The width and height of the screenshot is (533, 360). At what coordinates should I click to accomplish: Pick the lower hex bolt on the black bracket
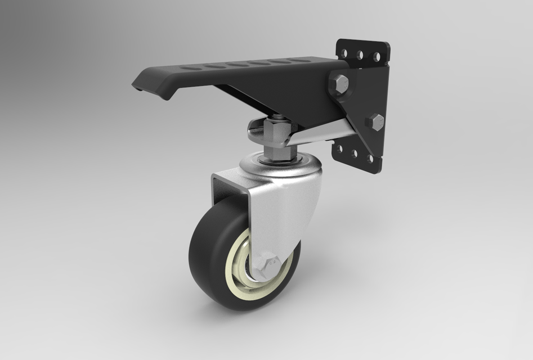375,121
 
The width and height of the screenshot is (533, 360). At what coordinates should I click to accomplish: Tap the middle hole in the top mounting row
360,55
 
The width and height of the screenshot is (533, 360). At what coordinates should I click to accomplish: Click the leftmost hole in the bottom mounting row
339,148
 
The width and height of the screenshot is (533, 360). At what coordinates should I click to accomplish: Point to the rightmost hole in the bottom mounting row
370,159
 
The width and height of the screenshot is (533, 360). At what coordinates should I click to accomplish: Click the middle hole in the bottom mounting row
354,154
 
